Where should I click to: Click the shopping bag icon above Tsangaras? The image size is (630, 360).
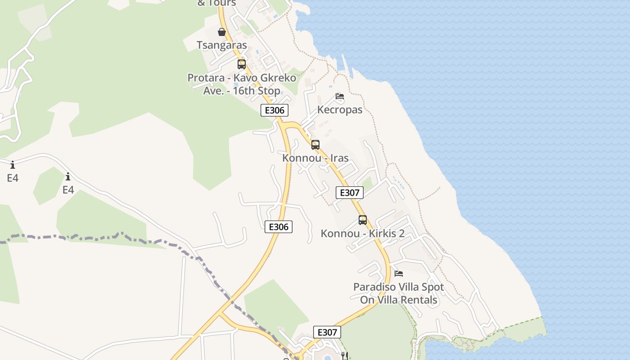pyautogui.click(x=222, y=32)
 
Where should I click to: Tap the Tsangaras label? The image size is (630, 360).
pyautogui.click(x=222, y=45)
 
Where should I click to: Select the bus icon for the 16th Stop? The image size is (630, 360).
pyautogui.click(x=242, y=64)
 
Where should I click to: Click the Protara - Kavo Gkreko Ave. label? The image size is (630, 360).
pyautogui.click(x=242, y=84)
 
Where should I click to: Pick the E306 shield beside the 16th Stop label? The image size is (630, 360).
pyautogui.click(x=274, y=111)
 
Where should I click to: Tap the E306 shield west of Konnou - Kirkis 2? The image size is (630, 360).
pyautogui.click(x=279, y=227)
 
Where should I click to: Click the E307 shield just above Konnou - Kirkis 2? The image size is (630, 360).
pyautogui.click(x=350, y=193)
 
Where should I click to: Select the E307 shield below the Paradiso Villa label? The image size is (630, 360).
pyautogui.click(x=327, y=333)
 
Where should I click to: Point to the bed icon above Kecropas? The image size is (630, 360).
pyautogui.click(x=340, y=96)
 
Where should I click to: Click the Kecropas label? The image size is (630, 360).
pyautogui.click(x=340, y=110)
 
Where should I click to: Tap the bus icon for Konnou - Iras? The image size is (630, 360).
pyautogui.click(x=315, y=145)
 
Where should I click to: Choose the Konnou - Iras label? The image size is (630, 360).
pyautogui.click(x=315, y=158)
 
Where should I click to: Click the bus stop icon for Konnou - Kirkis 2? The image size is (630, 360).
pyautogui.click(x=363, y=220)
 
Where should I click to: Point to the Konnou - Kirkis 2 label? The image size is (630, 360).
pyautogui.click(x=363, y=234)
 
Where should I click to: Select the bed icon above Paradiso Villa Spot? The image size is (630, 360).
pyautogui.click(x=399, y=273)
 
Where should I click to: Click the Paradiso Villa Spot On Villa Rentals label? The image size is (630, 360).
pyautogui.click(x=399, y=293)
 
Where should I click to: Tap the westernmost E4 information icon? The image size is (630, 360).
pyautogui.click(x=13, y=165)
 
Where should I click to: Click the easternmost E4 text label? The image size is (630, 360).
pyautogui.click(x=68, y=190)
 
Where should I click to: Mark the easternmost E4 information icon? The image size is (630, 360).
pyautogui.click(x=68, y=176)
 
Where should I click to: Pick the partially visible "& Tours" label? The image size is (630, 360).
pyautogui.click(x=216, y=3)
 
